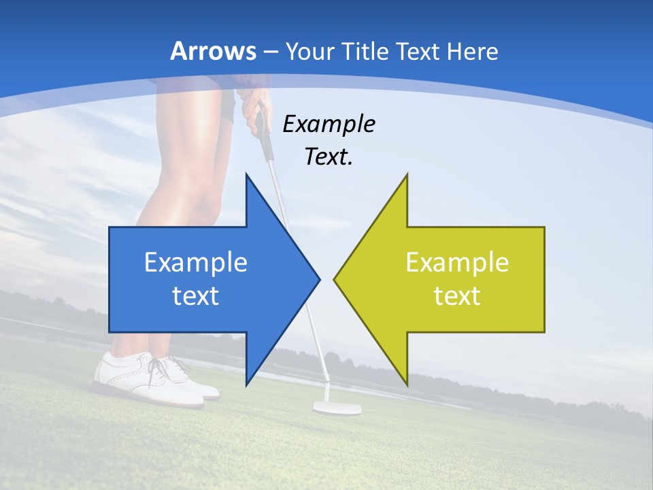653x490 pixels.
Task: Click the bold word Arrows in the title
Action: click(x=214, y=51)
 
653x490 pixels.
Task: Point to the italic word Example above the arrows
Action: click(x=329, y=125)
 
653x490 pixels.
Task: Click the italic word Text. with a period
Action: click(x=329, y=157)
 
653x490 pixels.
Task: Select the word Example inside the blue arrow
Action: click(x=196, y=263)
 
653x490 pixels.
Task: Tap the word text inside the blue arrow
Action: click(x=196, y=296)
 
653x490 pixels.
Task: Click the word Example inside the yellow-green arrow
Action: click(x=457, y=263)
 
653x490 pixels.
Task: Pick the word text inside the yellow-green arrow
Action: click(x=457, y=296)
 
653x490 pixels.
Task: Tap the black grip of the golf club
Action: click(x=263, y=132)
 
